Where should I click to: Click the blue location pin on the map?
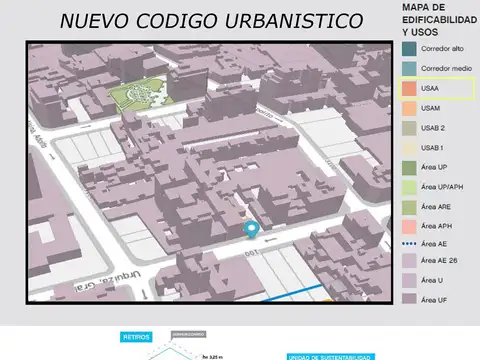pyautogui.click(x=251, y=230)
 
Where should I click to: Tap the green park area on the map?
pyautogui.click(x=138, y=95)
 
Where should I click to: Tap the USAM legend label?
pyautogui.click(x=431, y=108)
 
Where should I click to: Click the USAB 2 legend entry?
pyautogui.click(x=434, y=128)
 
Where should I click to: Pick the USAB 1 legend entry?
pyautogui.click(x=433, y=148)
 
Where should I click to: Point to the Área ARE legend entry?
pyautogui.click(x=437, y=207)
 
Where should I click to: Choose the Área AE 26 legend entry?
pyautogui.click(x=439, y=261)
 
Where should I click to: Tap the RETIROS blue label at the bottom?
pyautogui.click(x=136, y=338)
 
